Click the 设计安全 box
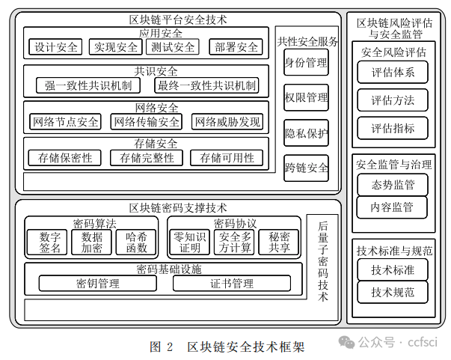[x=56, y=47]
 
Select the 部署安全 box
[x=236, y=47]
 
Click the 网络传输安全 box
[x=146, y=121]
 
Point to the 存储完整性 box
[x=146, y=158]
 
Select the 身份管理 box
[x=306, y=62]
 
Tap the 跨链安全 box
[x=306, y=168]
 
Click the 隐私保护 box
[x=306, y=134]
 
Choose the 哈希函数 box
[x=135, y=242]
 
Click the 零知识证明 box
[x=189, y=242]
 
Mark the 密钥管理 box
[x=97, y=284]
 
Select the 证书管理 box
[x=232, y=284]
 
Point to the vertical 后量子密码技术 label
[x=324, y=260]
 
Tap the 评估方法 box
[x=393, y=100]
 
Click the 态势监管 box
[x=393, y=184]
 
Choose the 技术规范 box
[x=393, y=292]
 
